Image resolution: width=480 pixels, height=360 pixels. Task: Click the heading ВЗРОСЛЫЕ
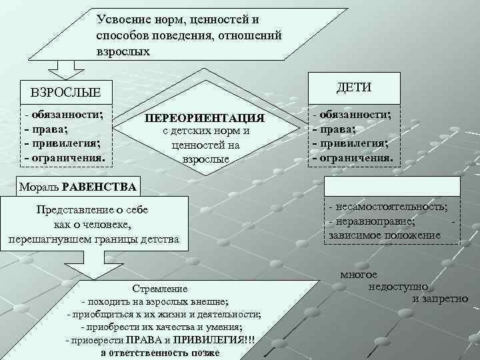[x=61, y=91]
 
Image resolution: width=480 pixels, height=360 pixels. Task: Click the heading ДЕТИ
[x=354, y=88]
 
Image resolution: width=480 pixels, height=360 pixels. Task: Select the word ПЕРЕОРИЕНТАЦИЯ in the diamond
[x=205, y=118]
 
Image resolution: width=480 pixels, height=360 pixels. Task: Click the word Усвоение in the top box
[x=121, y=20]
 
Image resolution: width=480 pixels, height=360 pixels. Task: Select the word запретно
[x=445, y=298]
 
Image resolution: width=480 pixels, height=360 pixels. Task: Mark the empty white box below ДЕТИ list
[x=392, y=186]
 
